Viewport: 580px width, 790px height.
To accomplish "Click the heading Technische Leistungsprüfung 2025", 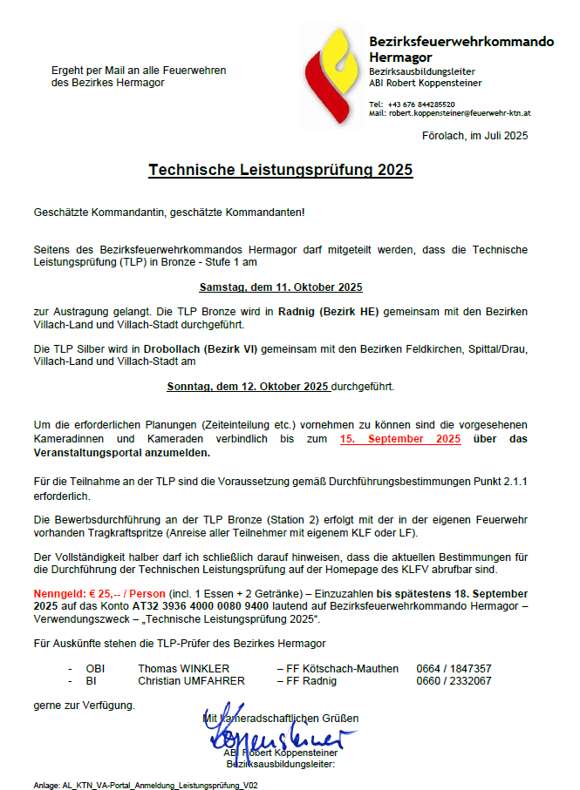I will tap(280, 170).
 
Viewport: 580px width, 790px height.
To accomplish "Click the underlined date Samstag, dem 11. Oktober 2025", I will tap(280, 287).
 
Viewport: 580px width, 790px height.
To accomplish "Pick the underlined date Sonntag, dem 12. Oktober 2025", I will tap(248, 385).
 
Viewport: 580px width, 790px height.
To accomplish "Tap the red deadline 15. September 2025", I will tap(400, 439).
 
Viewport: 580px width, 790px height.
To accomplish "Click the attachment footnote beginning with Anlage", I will tap(146, 785).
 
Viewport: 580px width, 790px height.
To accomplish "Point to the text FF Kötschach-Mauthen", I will tap(342, 668).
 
